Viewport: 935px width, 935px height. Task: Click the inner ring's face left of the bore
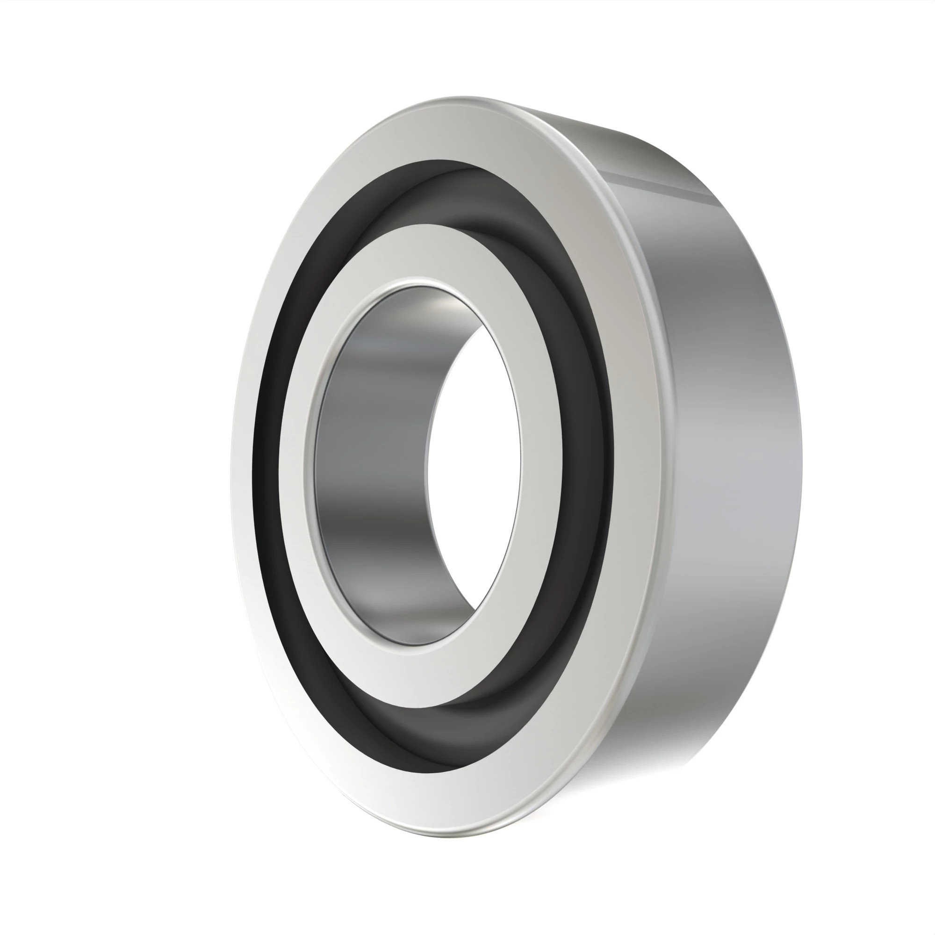(293, 465)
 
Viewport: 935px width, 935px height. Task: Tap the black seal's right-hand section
(588, 436)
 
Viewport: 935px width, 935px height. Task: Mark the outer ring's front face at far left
(242, 465)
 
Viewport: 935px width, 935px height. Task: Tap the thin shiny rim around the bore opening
(310, 465)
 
